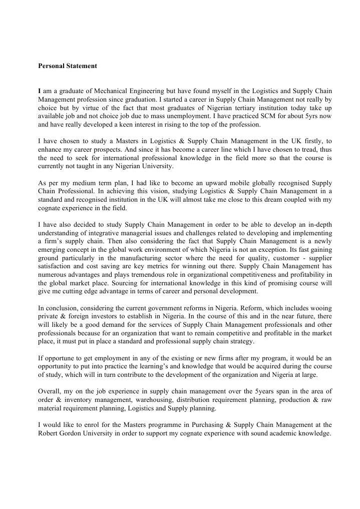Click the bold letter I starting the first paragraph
click(40, 91)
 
